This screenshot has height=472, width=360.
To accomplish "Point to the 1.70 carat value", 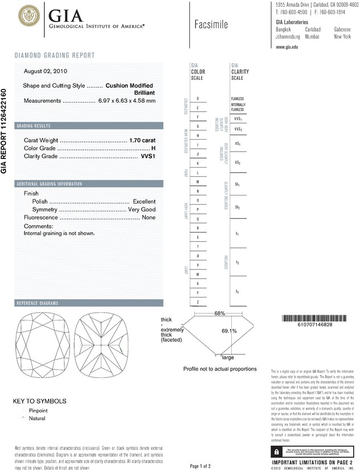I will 142,140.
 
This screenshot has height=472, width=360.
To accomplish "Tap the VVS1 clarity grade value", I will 148,156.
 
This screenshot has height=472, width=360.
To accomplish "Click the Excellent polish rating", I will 144,202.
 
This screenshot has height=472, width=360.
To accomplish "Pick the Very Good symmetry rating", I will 140,210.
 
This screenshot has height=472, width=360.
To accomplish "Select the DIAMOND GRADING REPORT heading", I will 55,55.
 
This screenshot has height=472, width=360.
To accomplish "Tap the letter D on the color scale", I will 197,99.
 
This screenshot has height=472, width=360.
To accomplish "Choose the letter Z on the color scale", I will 197,302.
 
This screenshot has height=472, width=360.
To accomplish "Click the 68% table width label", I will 220,314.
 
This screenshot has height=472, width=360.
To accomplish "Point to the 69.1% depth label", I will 229,331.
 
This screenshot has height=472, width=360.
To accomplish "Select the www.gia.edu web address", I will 288,47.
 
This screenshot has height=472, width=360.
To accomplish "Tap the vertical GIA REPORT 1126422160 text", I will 5,131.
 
